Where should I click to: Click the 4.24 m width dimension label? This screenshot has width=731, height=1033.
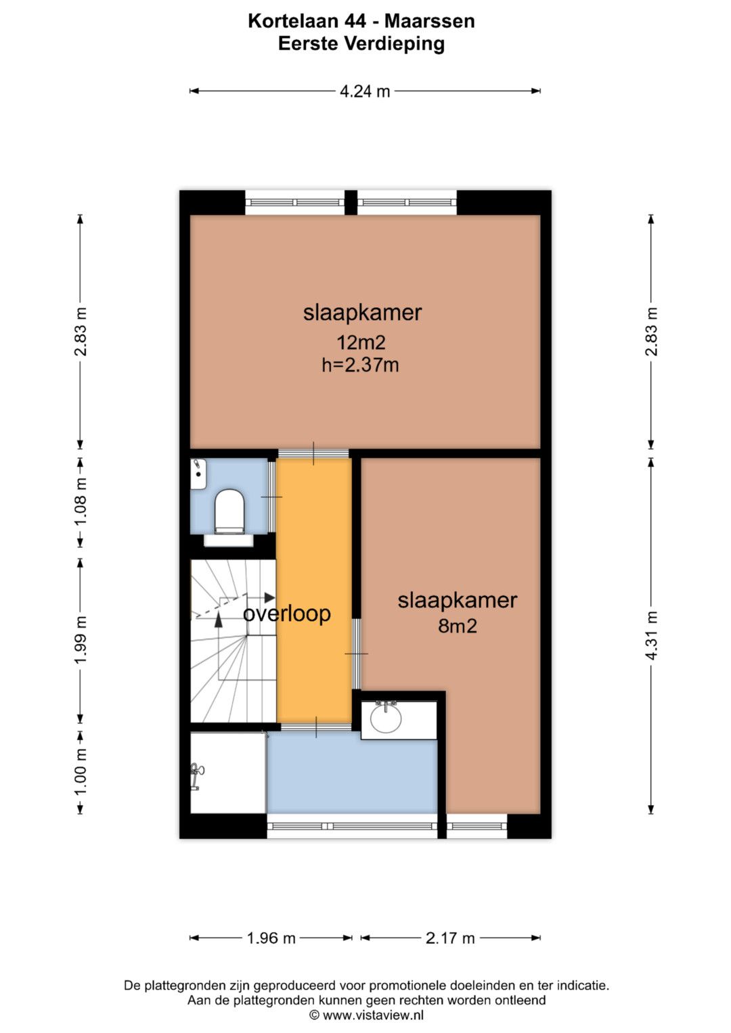(365, 91)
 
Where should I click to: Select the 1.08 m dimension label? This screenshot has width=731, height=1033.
(81, 502)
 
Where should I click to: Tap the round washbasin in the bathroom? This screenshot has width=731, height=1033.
(386, 718)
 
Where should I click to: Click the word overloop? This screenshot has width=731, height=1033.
(286, 614)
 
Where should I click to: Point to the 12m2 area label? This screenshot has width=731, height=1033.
(361, 343)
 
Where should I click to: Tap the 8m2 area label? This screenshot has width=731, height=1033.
(458, 626)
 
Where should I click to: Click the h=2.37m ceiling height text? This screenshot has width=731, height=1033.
(360, 365)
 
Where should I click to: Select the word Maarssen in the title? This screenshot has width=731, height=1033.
(430, 21)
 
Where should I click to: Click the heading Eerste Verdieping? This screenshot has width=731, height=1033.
(361, 44)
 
